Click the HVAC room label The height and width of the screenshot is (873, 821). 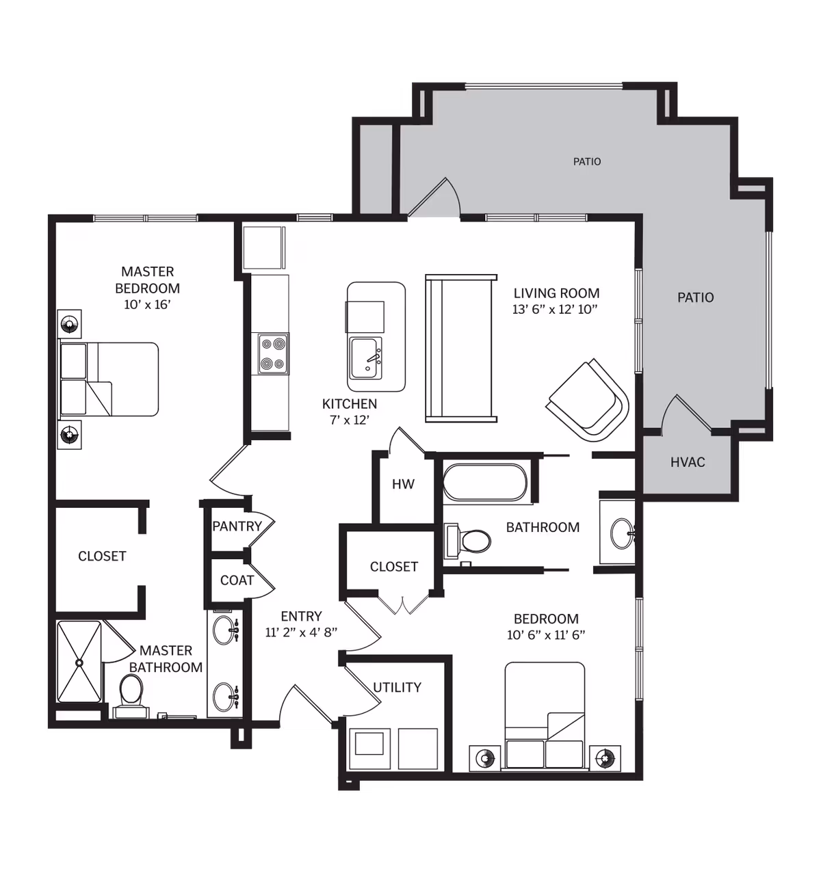click(688, 462)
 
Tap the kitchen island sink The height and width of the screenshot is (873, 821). click(365, 358)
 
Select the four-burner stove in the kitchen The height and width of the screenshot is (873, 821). click(273, 354)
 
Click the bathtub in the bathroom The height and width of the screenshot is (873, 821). click(485, 482)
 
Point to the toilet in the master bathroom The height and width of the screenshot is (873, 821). click(131, 696)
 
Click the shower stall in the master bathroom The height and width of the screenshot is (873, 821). click(79, 662)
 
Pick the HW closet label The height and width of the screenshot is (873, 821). click(403, 484)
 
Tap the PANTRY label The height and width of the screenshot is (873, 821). click(237, 526)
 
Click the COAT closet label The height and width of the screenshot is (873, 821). click(237, 580)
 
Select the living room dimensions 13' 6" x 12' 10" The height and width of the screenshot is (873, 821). click(555, 309)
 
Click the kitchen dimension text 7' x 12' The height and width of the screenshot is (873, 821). click(350, 420)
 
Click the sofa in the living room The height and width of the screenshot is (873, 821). click(461, 348)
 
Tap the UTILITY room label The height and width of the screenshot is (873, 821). click(397, 687)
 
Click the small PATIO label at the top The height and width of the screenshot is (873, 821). click(587, 162)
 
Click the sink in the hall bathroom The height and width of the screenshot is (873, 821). click(622, 533)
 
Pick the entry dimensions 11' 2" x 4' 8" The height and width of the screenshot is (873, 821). click(301, 632)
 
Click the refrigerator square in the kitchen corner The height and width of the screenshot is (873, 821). click(263, 247)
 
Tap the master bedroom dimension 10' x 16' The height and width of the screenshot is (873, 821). click(147, 305)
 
